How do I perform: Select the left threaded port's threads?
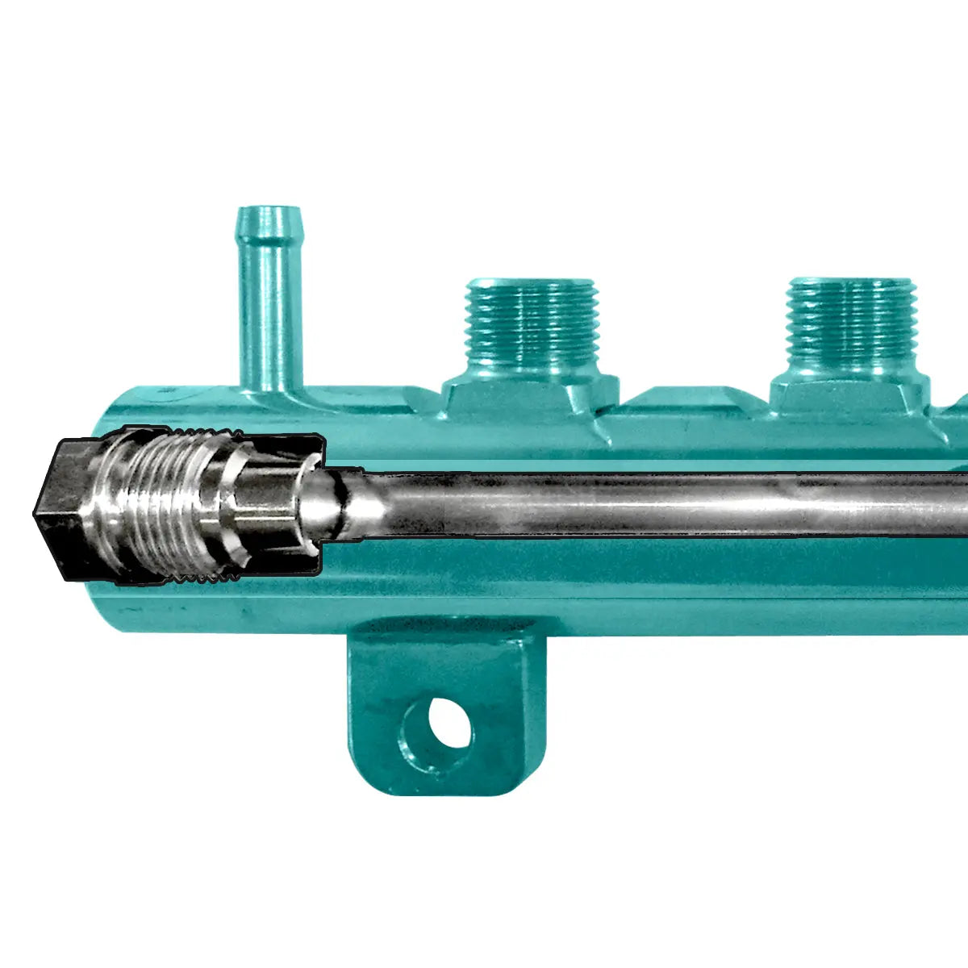(533, 323)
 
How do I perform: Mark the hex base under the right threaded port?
(851, 395)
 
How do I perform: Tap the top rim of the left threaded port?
(533, 284)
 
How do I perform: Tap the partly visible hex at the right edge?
(956, 407)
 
